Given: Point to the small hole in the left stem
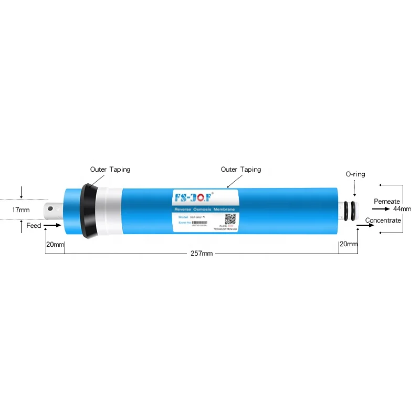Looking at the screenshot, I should (50, 208).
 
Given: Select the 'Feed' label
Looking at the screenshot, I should (34, 225).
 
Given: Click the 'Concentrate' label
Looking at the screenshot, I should (383, 220).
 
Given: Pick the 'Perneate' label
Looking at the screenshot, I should (387, 202).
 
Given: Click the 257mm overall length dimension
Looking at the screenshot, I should (202, 254).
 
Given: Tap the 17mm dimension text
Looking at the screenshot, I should (21, 210).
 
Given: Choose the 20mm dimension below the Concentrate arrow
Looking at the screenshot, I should (348, 244).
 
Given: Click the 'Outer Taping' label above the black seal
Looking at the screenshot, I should (110, 170).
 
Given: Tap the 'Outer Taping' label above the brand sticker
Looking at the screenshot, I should (240, 170).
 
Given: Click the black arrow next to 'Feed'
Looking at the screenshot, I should (52, 225).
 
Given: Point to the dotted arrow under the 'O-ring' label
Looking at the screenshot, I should (354, 187).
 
